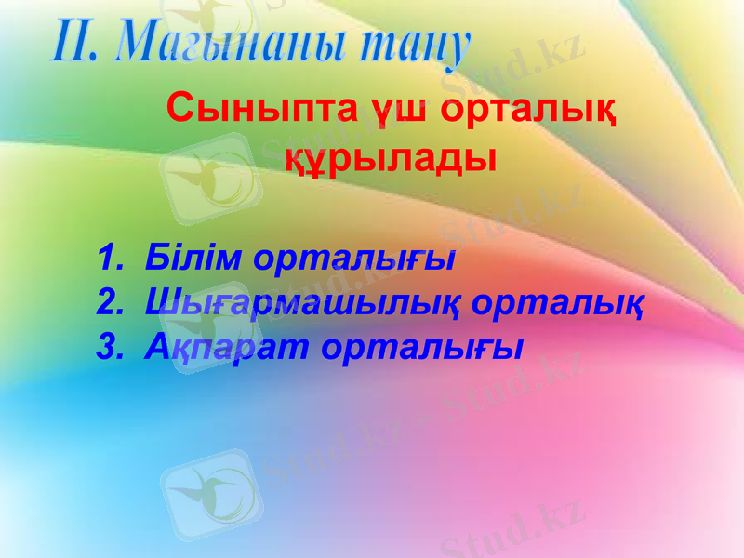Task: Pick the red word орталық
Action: click(x=527, y=110)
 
